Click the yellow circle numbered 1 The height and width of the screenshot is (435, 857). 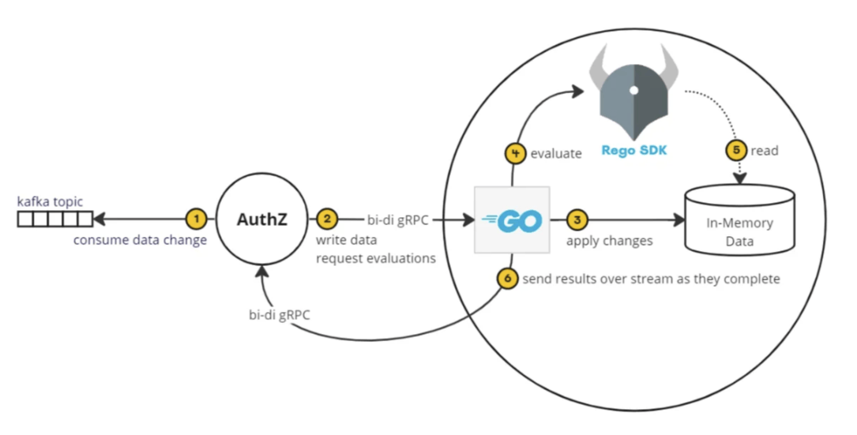tap(195, 219)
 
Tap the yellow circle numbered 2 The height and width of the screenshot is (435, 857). tap(326, 219)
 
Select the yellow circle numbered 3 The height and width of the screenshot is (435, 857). tap(577, 219)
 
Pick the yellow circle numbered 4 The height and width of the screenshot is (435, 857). tap(516, 153)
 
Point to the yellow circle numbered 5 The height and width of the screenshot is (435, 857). tap(735, 150)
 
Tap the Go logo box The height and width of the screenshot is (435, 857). tap(512, 220)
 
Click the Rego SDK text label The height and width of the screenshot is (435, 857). tap(633, 150)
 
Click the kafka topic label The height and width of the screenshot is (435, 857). tap(50, 202)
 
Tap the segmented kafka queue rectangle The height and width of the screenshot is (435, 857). tap(55, 219)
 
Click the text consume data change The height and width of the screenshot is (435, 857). tap(140, 240)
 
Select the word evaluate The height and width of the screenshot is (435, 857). tap(556, 154)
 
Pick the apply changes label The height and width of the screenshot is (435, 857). tap(609, 240)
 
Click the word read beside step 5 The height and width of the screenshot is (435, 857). tap(765, 150)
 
